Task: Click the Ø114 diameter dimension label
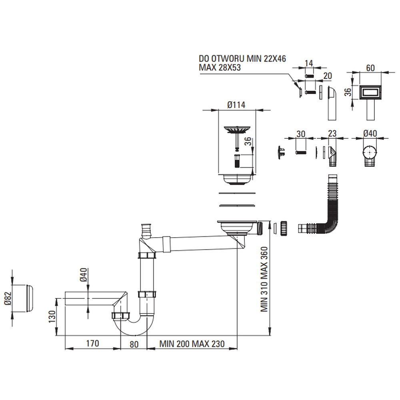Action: pyautogui.click(x=236, y=105)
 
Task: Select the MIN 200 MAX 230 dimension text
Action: pyautogui.click(x=192, y=344)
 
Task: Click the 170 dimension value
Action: pyautogui.click(x=92, y=344)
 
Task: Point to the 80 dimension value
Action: pyautogui.click(x=134, y=344)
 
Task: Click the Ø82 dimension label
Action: pyautogui.click(x=7, y=298)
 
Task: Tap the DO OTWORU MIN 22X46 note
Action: pyautogui.click(x=242, y=59)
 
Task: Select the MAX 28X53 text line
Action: pyautogui.click(x=220, y=68)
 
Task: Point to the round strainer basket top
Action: pyautogui.click(x=236, y=130)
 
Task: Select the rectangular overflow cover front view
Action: pyautogui.click(x=370, y=93)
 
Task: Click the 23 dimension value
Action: pyautogui.click(x=332, y=134)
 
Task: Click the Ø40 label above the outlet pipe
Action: pyautogui.click(x=83, y=275)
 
